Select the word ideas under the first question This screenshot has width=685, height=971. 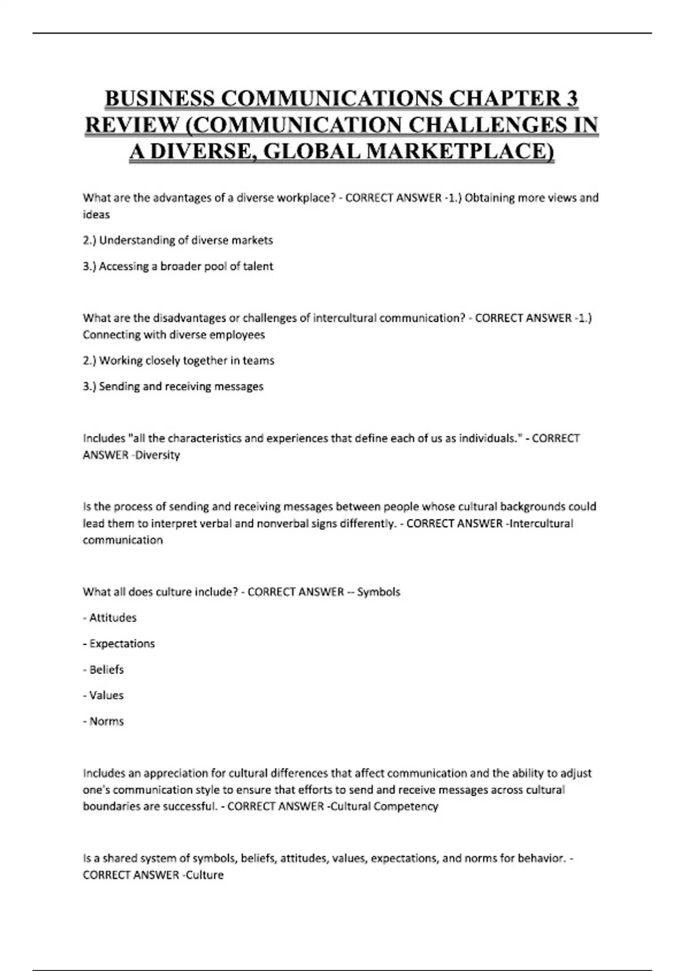[x=96, y=215]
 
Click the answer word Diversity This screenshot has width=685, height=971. [x=158, y=455]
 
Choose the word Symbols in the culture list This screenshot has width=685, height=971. [x=378, y=592]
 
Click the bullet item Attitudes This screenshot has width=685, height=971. [x=112, y=617]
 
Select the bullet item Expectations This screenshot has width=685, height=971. [x=122, y=644]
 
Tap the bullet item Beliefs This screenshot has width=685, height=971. [x=106, y=669]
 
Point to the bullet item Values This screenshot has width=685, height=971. [x=106, y=695]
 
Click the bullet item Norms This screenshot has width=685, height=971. [x=106, y=721]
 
